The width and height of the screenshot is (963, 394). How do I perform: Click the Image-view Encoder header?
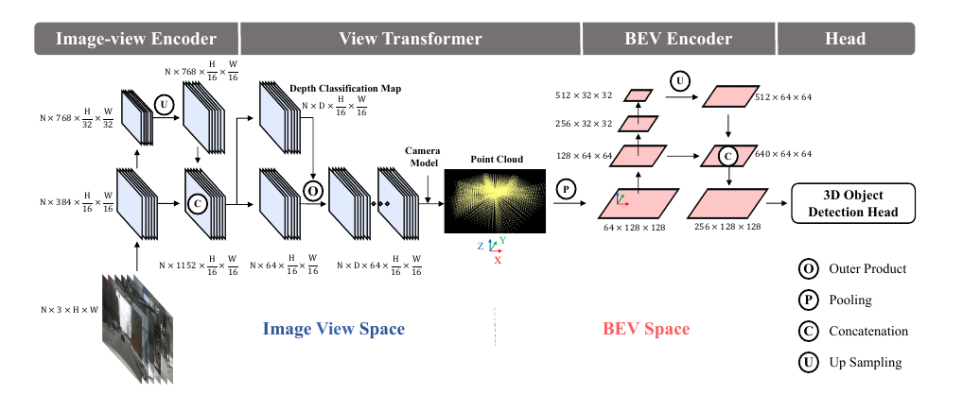coord(136,39)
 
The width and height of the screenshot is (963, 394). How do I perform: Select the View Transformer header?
coord(411,39)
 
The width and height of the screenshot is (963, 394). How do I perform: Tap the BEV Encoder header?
coord(678,39)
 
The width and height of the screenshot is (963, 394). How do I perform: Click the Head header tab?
coord(846,39)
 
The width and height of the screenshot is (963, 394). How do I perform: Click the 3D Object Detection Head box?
coord(853,203)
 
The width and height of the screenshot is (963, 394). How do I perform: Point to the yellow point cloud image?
coord(495,200)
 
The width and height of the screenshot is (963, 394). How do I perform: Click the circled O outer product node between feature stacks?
coord(312,191)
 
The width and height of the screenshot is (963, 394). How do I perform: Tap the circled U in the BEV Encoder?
coord(680,80)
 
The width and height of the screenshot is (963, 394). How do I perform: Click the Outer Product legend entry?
coord(852,268)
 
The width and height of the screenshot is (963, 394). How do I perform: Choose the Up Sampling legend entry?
coord(850,362)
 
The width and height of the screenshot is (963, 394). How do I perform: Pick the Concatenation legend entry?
coord(853,332)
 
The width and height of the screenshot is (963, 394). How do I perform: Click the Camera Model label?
coord(423,157)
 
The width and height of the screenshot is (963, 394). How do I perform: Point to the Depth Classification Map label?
coord(346,89)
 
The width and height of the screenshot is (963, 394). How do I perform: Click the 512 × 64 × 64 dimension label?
coord(781,97)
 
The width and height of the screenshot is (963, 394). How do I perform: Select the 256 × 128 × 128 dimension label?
coord(727,227)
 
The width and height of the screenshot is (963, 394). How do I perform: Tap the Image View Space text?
coord(334,329)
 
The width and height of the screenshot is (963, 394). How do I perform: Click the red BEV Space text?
coord(646,329)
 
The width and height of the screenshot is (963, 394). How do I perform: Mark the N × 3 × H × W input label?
coord(69,310)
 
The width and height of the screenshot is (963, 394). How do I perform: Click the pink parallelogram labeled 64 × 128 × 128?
coord(639,203)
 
